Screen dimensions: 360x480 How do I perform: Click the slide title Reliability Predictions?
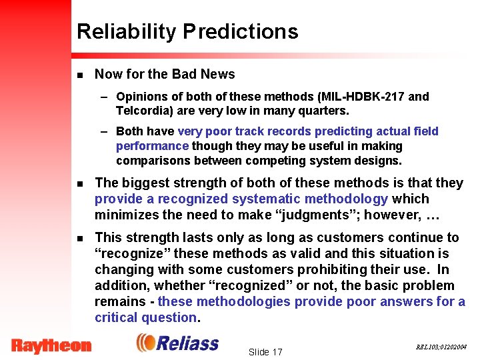pyautogui.click(x=187, y=31)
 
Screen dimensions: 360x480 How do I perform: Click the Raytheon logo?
pyautogui.click(x=51, y=345)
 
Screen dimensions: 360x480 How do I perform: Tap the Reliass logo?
pyautogui.click(x=177, y=343)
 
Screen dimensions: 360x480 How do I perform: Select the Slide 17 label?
pyautogui.click(x=265, y=351)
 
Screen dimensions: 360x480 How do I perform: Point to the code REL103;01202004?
pyautogui.click(x=441, y=347)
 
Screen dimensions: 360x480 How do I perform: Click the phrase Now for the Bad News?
pyautogui.click(x=165, y=74)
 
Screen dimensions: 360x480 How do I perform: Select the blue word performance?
pyautogui.click(x=152, y=146)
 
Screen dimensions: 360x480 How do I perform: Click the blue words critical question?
pyautogui.click(x=145, y=318)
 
